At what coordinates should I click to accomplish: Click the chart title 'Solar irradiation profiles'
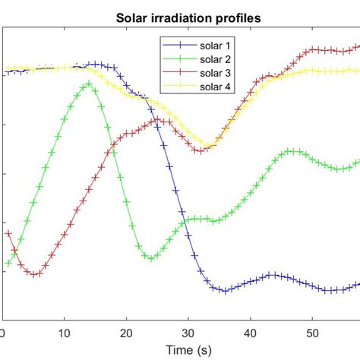point(181,17)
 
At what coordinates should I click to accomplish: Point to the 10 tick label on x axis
point(65,332)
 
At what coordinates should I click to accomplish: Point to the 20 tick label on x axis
point(127,332)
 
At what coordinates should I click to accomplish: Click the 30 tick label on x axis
point(188,332)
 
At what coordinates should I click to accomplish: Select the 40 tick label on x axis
point(251,332)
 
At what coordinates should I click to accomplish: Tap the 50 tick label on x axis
point(312,332)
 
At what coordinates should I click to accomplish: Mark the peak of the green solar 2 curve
point(89,84)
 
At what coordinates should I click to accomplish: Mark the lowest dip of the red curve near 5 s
point(34,274)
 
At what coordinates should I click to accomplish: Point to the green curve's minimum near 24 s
point(150,258)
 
